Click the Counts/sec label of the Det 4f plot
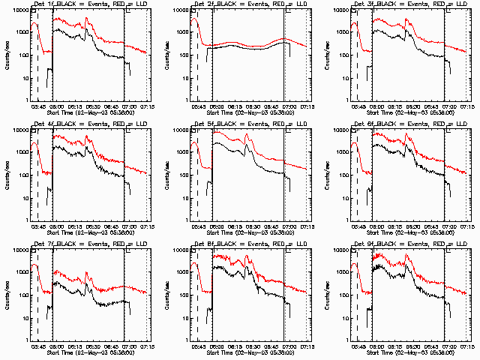coord(7,175)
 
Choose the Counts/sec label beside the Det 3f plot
coord(328,55)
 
